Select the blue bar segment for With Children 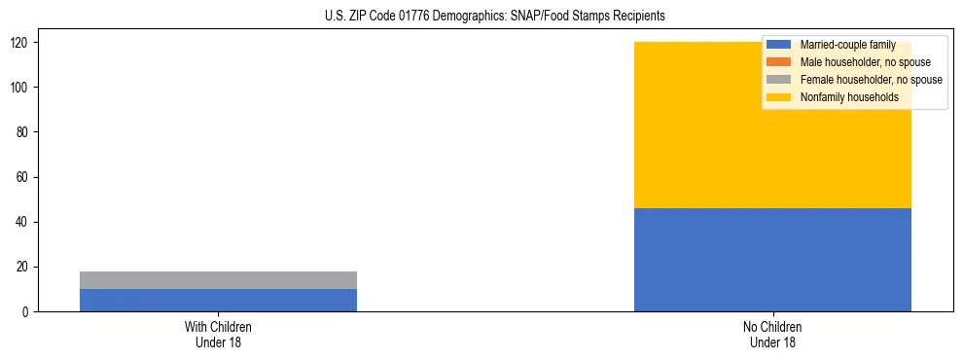click(218, 300)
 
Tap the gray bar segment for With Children click(218, 280)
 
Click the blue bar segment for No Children click(772, 260)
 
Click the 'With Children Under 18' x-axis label click(218, 334)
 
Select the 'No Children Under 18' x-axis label click(772, 334)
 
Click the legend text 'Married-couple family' click(847, 45)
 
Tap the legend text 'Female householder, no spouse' click(871, 80)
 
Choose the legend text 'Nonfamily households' click(849, 97)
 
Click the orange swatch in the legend click(779, 62)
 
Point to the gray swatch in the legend click(779, 80)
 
